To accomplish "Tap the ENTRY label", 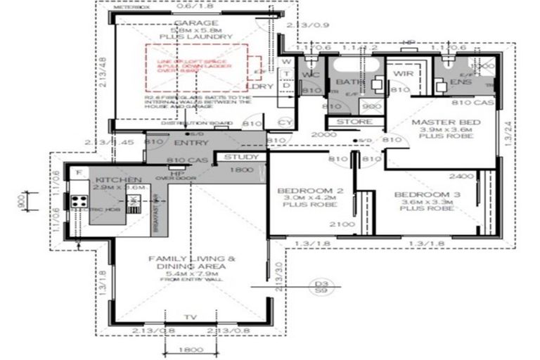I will tap(186, 143).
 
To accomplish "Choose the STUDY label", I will tap(241, 157).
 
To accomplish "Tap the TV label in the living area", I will tap(189, 318).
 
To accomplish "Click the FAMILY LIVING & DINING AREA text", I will tap(187, 263).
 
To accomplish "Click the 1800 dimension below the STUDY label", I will tap(241, 169).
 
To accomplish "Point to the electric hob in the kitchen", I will tap(77, 202).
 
